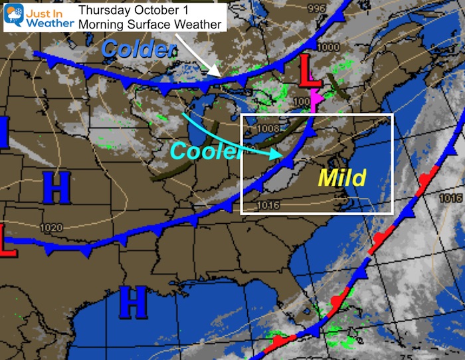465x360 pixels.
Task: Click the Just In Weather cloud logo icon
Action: click(13, 14)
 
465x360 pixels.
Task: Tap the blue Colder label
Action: click(139, 47)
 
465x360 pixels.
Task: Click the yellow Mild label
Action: click(341, 177)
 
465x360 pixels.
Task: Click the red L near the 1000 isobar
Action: click(310, 72)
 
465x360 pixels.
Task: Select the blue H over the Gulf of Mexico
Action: click(132, 304)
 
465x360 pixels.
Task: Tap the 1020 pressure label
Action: click(51, 228)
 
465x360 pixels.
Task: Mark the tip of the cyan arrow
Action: click(278, 155)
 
